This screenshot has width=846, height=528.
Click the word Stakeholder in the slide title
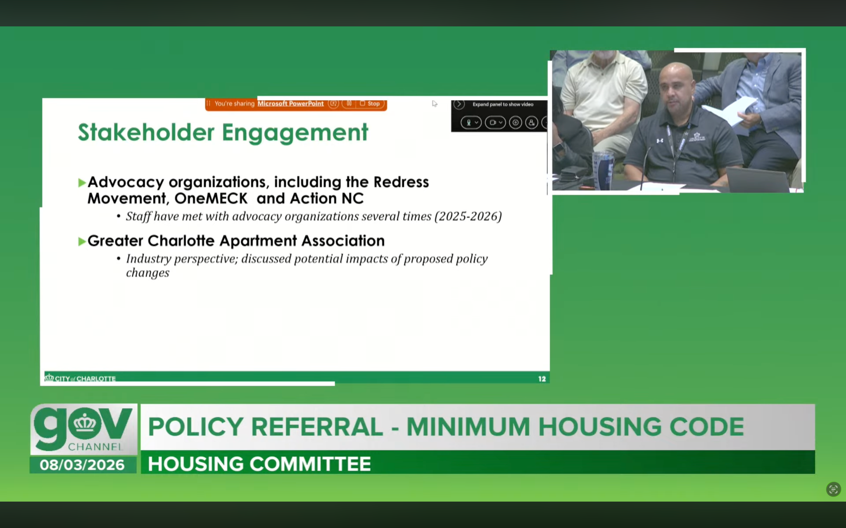pyautogui.click(x=146, y=132)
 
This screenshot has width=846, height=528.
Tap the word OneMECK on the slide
pyautogui.click(x=211, y=198)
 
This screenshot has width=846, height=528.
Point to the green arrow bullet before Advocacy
pyautogui.click(x=82, y=183)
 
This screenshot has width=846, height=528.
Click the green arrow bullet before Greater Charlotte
pyautogui.click(x=82, y=241)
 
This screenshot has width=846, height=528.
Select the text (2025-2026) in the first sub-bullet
pyautogui.click(x=468, y=217)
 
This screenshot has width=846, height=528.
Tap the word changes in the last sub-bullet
pyautogui.click(x=147, y=273)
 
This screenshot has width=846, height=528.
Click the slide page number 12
pyautogui.click(x=542, y=379)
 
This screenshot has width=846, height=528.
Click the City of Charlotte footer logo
pyautogui.click(x=80, y=378)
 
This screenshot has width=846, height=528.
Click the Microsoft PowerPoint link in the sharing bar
pyautogui.click(x=290, y=104)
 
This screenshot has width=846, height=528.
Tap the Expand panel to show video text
pyautogui.click(x=503, y=104)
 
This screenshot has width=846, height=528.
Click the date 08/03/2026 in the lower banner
pyautogui.click(x=82, y=465)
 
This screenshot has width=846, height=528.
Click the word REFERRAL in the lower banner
pyautogui.click(x=317, y=427)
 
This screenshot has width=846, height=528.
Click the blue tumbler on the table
pyautogui.click(x=603, y=170)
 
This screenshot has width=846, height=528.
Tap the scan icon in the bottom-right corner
pyautogui.click(x=834, y=490)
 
